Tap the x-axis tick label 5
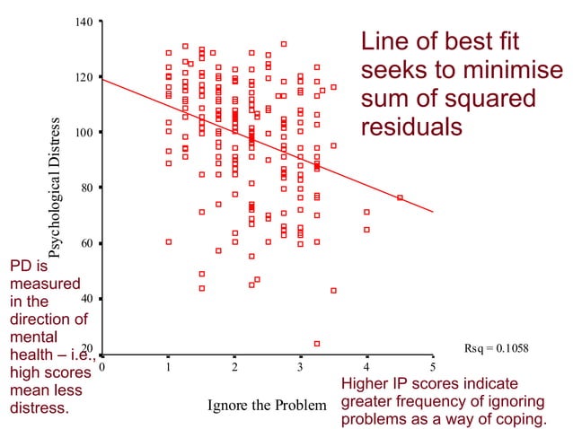coord(433,367)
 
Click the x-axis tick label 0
coord(102,367)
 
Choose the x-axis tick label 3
coord(301,367)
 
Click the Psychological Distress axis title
coord(55,188)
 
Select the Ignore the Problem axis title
coord(267,405)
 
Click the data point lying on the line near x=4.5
coord(400,197)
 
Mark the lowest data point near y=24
coord(317,343)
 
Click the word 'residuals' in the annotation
coord(410,127)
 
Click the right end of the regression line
coord(433,212)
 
